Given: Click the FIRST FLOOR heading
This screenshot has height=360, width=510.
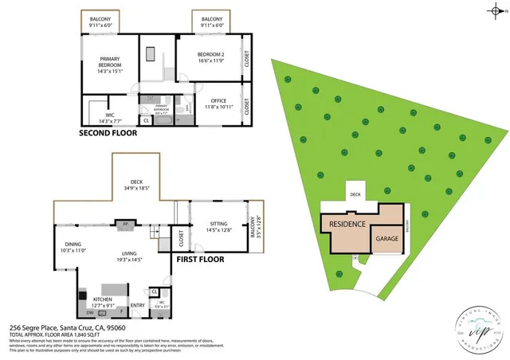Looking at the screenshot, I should (198, 259).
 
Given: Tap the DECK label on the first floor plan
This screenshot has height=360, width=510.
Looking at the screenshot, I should (137, 184).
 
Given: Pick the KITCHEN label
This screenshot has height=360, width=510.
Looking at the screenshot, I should (104, 299).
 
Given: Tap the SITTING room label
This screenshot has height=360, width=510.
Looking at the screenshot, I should (219, 226).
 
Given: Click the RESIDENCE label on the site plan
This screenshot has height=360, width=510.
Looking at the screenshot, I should (347, 225).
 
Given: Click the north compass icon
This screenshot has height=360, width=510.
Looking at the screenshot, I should (496, 11).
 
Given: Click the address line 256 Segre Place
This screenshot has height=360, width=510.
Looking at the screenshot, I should (67, 328).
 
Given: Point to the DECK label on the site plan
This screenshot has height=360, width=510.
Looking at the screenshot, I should (355, 193).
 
